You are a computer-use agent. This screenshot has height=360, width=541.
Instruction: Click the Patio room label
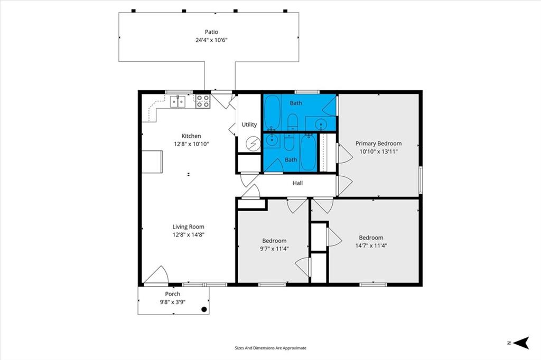(211, 32)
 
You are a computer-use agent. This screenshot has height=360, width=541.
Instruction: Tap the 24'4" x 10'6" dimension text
(211, 40)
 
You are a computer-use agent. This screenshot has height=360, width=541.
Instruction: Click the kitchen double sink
(178, 102)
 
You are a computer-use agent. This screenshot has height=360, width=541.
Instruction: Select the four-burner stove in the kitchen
(203, 101)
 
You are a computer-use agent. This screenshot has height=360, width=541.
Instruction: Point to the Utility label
(249, 125)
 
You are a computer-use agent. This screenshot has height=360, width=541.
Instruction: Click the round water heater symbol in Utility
(254, 144)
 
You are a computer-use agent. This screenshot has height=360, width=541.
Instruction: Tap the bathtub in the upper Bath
(272, 112)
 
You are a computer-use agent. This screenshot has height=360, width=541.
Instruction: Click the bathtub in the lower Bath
(308, 153)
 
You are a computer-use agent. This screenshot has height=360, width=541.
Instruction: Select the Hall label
(298, 183)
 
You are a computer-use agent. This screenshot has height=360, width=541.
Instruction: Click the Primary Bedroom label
(378, 144)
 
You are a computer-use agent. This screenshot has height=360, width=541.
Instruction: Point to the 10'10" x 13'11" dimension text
(378, 151)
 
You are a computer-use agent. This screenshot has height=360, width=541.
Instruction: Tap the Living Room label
(189, 226)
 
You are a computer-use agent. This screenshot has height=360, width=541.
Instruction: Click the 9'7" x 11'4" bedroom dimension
(274, 249)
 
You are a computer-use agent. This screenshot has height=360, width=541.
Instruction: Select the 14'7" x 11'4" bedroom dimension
(371, 245)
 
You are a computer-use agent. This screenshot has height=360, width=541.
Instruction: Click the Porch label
(173, 294)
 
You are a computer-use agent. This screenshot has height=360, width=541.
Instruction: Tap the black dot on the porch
(204, 309)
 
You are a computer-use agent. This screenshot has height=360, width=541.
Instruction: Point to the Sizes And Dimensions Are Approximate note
(270, 348)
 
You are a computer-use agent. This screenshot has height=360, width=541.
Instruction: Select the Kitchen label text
(191, 136)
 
